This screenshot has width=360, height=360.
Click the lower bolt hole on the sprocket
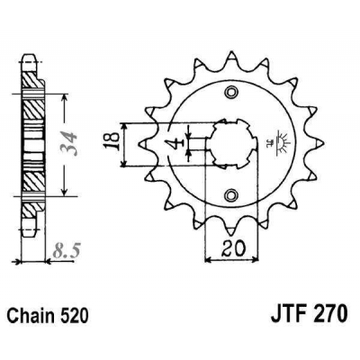[233, 193]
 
